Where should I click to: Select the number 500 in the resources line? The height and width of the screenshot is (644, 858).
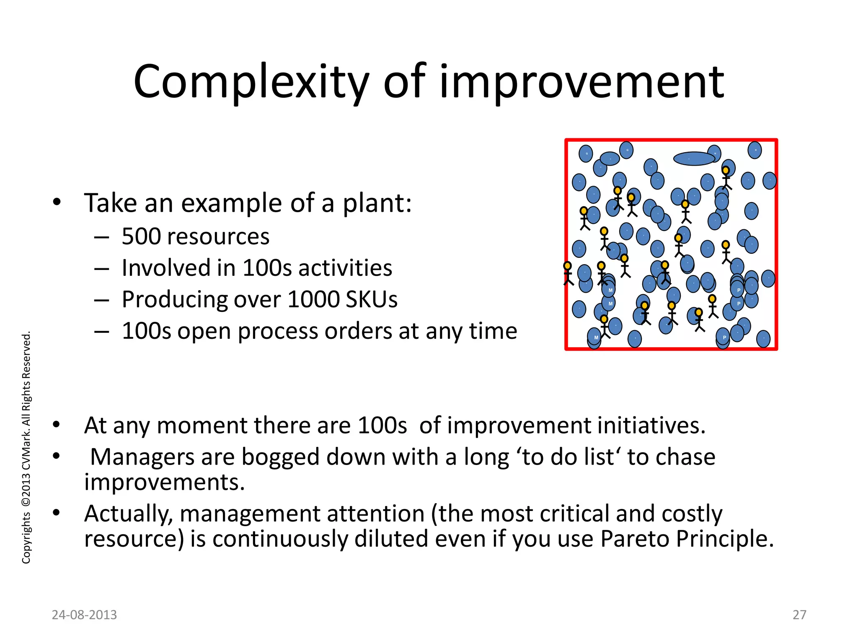tap(141, 236)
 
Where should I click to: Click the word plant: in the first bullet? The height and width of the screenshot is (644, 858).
tap(377, 204)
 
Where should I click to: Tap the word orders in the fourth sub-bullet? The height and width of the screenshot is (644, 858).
tap(359, 331)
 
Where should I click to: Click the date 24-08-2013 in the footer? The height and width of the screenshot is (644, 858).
tap(84, 615)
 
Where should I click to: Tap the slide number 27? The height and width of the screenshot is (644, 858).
tap(799, 615)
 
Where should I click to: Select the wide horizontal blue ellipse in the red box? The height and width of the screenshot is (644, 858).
tap(694, 158)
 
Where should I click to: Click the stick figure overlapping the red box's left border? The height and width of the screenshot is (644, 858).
tap(568, 273)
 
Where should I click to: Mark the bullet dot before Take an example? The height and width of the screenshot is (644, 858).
tap(57, 203)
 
